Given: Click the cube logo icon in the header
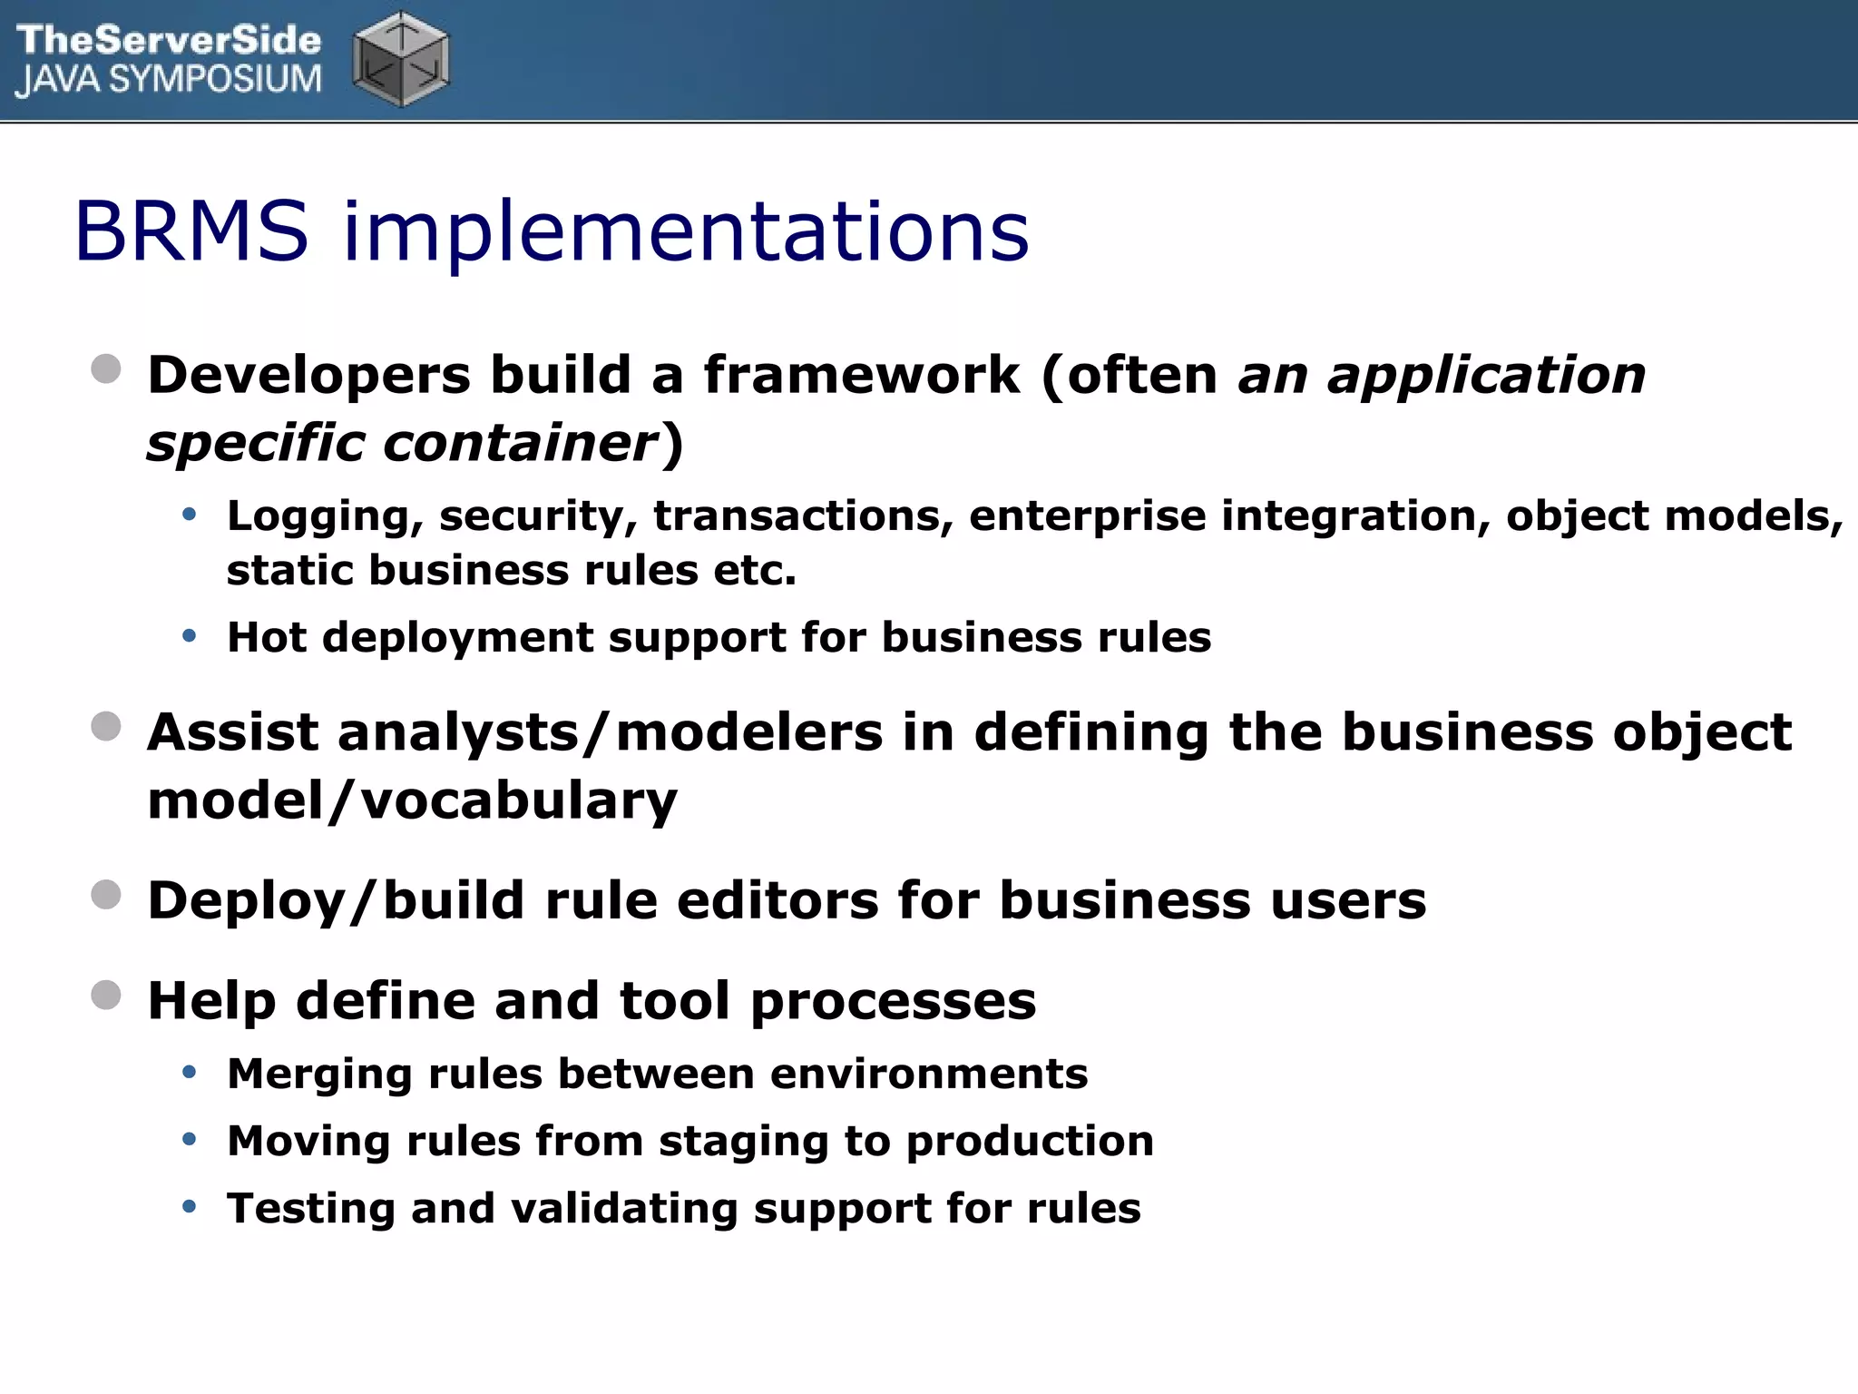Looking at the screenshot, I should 400,60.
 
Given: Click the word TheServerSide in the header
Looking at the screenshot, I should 169,39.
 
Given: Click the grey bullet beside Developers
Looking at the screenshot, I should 106,369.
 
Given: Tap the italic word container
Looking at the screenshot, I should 520,443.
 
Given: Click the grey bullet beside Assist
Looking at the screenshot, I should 106,727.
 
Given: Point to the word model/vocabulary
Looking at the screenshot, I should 412,800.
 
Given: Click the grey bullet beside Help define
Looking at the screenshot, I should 106,995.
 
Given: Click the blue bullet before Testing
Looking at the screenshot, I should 189,1207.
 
